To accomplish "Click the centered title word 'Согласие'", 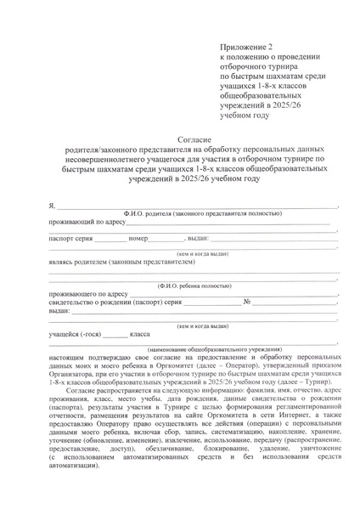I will click(x=194, y=138).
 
